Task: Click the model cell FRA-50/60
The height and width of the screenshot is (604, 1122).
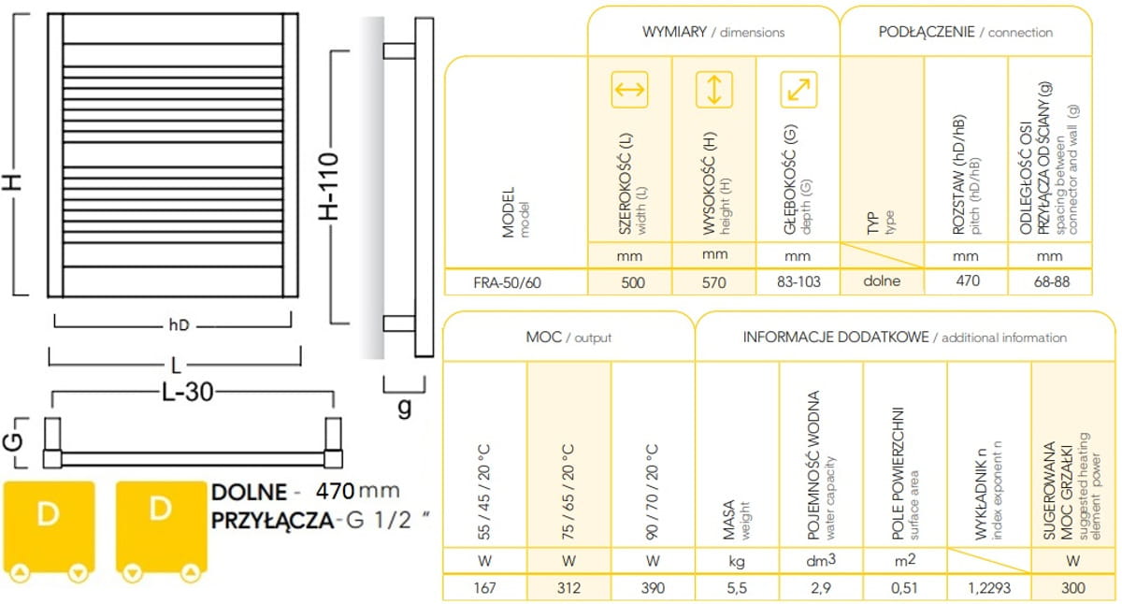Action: pyautogui.click(x=507, y=282)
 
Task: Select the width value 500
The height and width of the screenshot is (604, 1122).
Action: pyautogui.click(x=633, y=282)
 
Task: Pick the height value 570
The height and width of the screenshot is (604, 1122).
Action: pyautogui.click(x=713, y=282)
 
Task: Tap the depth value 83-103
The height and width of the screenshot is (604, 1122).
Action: pyautogui.click(x=798, y=281)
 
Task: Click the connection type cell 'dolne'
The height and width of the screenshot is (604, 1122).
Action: pyautogui.click(x=882, y=280)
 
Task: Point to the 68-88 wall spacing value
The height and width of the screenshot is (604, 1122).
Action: pyautogui.click(x=1052, y=281)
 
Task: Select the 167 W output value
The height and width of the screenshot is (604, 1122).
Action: pyautogui.click(x=484, y=587)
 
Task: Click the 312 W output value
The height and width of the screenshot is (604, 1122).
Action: pyautogui.click(x=568, y=587)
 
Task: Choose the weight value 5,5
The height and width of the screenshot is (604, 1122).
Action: pyautogui.click(x=737, y=587)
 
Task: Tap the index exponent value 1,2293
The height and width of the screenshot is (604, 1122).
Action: pyautogui.click(x=989, y=587)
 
